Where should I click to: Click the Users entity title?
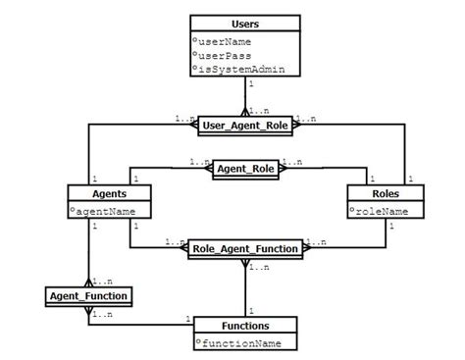pos(245,22)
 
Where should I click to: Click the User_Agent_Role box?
pos(245,126)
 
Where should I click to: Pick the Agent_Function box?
pos(88,293)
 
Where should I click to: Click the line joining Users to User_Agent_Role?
pos(245,98)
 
